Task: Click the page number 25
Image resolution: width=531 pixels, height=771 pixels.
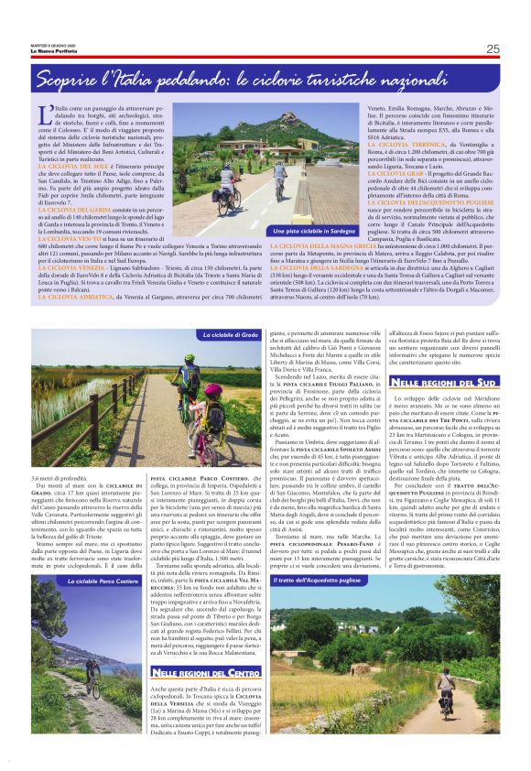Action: click(x=493, y=49)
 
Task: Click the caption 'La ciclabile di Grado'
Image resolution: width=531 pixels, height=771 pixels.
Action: click(x=230, y=335)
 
